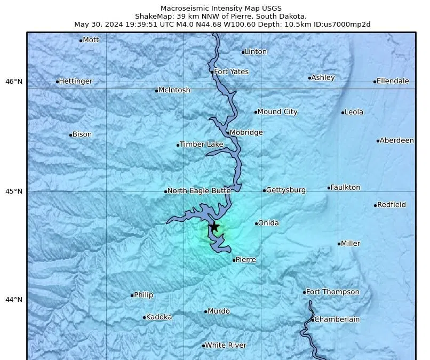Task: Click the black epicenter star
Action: click(214, 227)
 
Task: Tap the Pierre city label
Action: click(245, 260)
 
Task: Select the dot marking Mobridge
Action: click(228, 133)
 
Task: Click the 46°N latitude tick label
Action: click(14, 82)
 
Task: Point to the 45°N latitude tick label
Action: click(14, 191)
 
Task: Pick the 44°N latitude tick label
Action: click(14, 300)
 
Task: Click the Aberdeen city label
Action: click(396, 140)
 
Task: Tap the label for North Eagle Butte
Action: click(199, 190)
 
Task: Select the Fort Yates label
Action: click(231, 71)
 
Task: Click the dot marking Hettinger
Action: click(57, 82)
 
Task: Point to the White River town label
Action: click(226, 345)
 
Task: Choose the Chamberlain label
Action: click(337, 319)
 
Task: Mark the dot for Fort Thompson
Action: click(305, 292)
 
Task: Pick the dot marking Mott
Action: click(81, 41)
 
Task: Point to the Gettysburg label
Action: click(285, 190)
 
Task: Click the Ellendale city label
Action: click(393, 81)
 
